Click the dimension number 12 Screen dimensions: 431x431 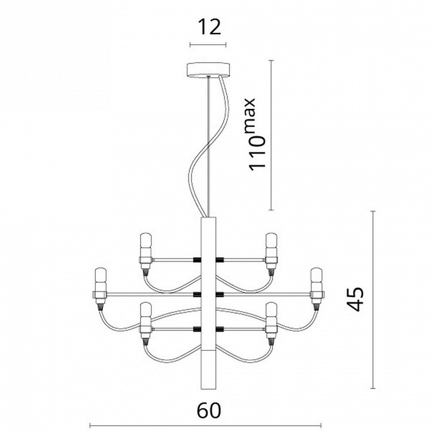(208, 27)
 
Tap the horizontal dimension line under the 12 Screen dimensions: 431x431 (208, 45)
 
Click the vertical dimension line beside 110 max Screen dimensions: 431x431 (272, 135)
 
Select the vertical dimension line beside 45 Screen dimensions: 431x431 (373, 299)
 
